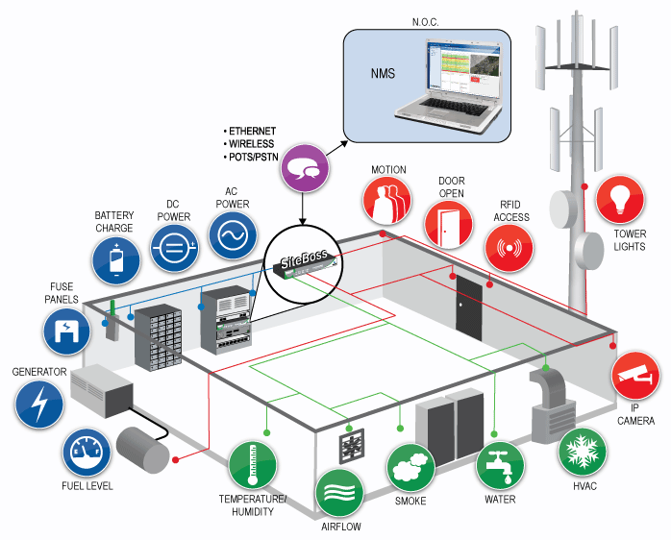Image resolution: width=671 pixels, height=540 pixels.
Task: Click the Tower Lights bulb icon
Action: pyautogui.click(x=621, y=200)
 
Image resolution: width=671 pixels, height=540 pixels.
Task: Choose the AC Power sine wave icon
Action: pyautogui.click(x=233, y=235)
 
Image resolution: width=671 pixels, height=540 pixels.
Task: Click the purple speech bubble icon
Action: pyautogui.click(x=306, y=171)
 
